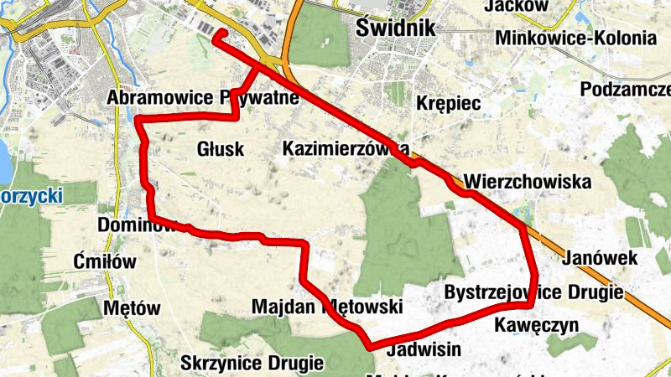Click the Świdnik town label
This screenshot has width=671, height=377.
click(397, 27)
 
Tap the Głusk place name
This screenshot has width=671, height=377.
click(220, 149)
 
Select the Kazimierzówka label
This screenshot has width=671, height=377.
click(346, 149)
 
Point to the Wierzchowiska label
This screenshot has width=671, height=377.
click(527, 181)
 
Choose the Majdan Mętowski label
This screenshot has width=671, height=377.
click(327, 307)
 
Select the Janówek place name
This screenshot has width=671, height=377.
click(601, 257)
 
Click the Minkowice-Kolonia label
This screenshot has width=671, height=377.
click(575, 39)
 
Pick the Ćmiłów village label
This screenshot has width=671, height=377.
click(105, 261)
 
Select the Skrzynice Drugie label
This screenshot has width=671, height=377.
click(252, 364)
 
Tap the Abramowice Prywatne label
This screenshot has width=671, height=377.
click(203, 99)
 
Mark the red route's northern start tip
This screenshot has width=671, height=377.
click(216, 35)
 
